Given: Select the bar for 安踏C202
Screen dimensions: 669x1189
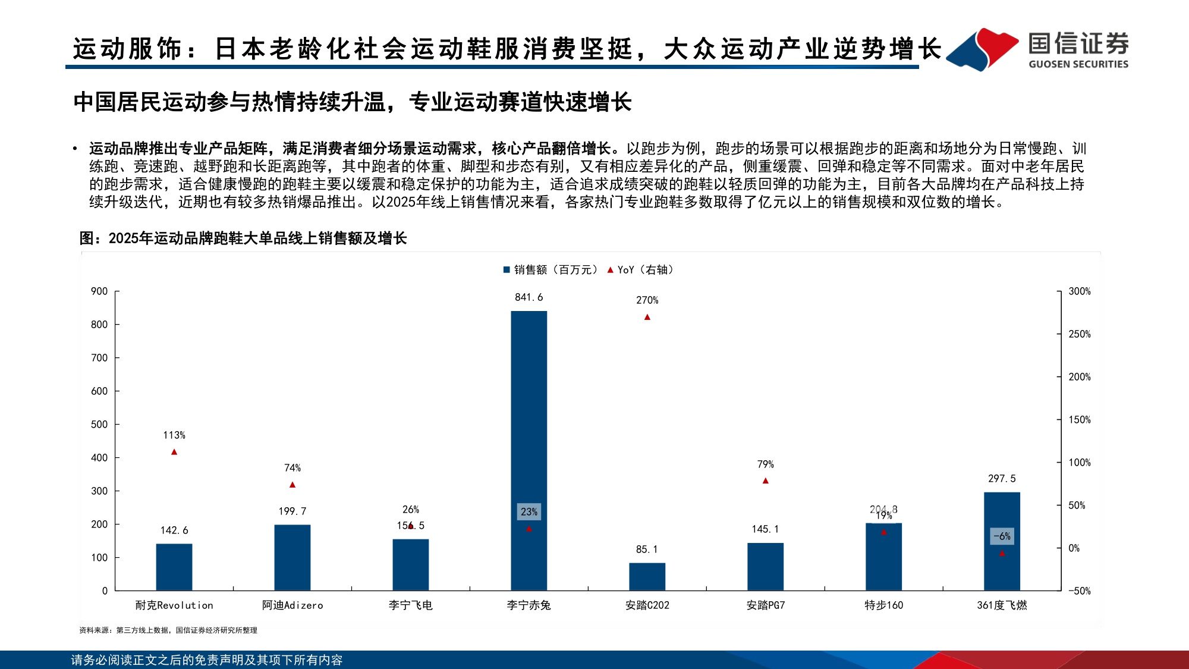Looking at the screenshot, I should click(647, 576).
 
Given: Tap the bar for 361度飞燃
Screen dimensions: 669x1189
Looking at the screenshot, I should click(1002, 541).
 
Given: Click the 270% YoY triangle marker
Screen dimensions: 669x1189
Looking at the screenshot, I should click(647, 318).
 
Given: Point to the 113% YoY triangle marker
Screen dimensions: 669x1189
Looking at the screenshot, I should click(174, 453).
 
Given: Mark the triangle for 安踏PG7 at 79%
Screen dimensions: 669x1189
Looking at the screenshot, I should click(766, 480).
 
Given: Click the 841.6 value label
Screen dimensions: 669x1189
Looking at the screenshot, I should click(529, 297).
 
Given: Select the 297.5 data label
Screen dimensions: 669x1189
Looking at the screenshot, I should click(1002, 479).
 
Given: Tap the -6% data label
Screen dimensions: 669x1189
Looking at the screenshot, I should click(1002, 536).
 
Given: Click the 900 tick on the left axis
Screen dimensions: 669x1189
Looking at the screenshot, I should click(99, 291).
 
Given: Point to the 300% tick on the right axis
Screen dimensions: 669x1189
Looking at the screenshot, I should click(1079, 291).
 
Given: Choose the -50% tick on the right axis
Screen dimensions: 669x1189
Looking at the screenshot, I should click(1079, 591).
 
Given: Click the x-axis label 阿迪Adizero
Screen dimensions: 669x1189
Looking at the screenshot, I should click(292, 605).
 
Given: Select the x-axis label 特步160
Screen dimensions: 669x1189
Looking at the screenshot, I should click(883, 605).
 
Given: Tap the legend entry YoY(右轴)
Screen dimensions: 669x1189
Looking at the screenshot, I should click(641, 270).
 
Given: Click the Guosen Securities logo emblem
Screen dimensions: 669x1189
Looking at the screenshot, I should click(982, 49).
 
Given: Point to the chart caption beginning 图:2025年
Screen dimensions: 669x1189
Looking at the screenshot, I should click(243, 238).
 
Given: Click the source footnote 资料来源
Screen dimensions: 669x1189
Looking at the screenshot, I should click(168, 630).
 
